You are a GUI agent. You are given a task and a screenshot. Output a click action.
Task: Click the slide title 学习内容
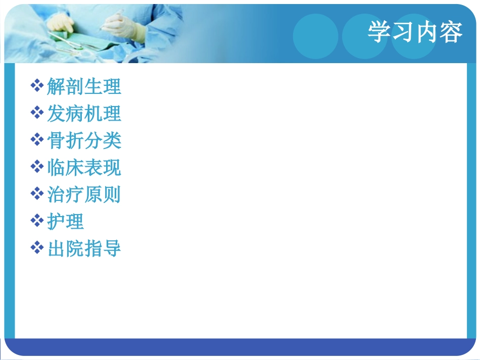pos(414,33)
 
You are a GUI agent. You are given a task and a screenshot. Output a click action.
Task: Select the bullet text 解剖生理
pos(84,87)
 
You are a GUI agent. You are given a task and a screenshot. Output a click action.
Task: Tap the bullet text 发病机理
pos(84,114)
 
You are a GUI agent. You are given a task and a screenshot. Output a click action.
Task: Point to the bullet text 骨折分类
pos(84,141)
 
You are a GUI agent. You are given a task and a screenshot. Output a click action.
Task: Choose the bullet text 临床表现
pos(84,168)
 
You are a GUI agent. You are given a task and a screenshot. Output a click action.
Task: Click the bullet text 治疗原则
pos(84,195)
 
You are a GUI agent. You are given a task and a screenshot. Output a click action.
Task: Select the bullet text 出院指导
pos(84,248)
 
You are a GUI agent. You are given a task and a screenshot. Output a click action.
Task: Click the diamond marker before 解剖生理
pos(37,86)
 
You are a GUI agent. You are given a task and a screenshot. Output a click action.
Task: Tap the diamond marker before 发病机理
pos(37,113)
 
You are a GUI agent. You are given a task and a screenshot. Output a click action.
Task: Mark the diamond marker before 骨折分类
pos(37,140)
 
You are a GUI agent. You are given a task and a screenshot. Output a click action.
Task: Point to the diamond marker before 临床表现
pos(37,167)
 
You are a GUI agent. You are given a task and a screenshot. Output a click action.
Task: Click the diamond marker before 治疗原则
pos(37,194)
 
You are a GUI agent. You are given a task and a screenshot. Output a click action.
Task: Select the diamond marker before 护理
pos(37,221)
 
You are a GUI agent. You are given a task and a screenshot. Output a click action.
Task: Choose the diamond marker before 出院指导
pos(37,247)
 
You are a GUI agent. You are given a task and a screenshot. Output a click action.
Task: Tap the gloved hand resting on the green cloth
pos(61,22)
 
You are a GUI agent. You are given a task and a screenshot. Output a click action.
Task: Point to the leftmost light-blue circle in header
pos(315,36)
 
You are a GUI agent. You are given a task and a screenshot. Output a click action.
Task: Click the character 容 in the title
pos(451,33)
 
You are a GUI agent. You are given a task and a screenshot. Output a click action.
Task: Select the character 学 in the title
pos(379,33)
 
